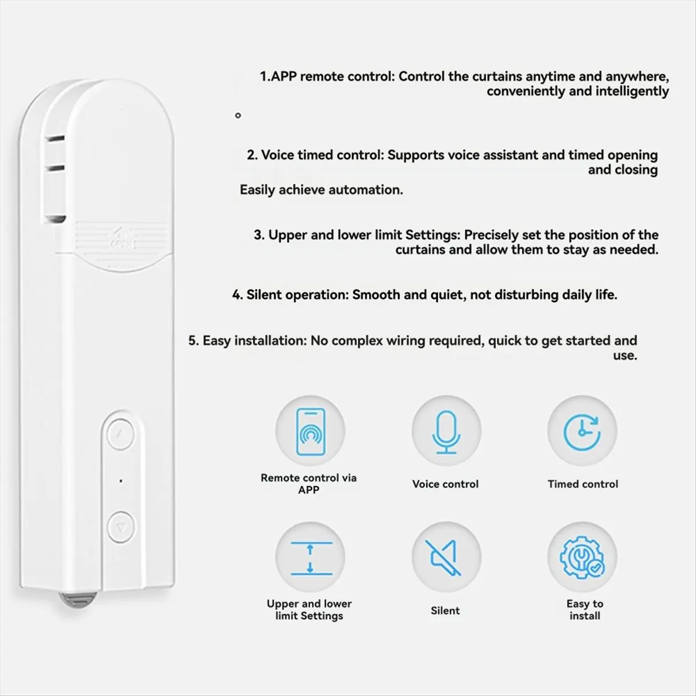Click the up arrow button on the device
point(121,433)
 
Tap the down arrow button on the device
point(121,527)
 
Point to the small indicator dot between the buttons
point(121,481)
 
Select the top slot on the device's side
point(56,139)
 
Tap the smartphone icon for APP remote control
point(310,431)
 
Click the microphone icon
point(445,431)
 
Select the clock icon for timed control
point(582,431)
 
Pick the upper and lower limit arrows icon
point(310,557)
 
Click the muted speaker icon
point(445,557)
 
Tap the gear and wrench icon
point(582,557)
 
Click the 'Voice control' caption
point(445,484)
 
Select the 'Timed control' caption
point(583,484)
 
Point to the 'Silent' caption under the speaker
point(445,611)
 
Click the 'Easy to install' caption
point(585,610)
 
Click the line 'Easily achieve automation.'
point(321,190)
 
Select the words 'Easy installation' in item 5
point(254,341)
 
